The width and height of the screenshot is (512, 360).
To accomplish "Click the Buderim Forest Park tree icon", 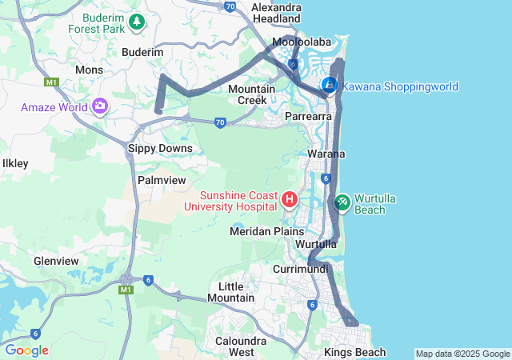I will coord(137,21).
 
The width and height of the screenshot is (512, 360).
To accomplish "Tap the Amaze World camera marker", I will coord(100,106).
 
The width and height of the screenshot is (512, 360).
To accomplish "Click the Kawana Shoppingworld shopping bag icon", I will coord(329,84).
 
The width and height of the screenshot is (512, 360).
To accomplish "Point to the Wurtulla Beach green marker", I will coord(342,202).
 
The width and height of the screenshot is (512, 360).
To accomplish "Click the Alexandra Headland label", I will coord(276,13).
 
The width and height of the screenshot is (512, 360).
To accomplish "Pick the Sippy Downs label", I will coord(161,148).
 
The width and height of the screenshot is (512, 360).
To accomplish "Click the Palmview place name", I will coord(162,180).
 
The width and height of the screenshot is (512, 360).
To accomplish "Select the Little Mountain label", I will coord(230,292).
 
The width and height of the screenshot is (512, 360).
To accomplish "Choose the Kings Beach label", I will coord(355,352).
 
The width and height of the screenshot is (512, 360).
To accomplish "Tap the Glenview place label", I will coord(56,261).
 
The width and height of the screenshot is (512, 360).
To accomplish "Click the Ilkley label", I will coord(16,163).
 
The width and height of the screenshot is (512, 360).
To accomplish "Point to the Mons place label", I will coord(89,70).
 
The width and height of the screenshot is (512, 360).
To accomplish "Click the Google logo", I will coord(26,350).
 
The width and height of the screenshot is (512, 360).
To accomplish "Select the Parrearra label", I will coord(309,116).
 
